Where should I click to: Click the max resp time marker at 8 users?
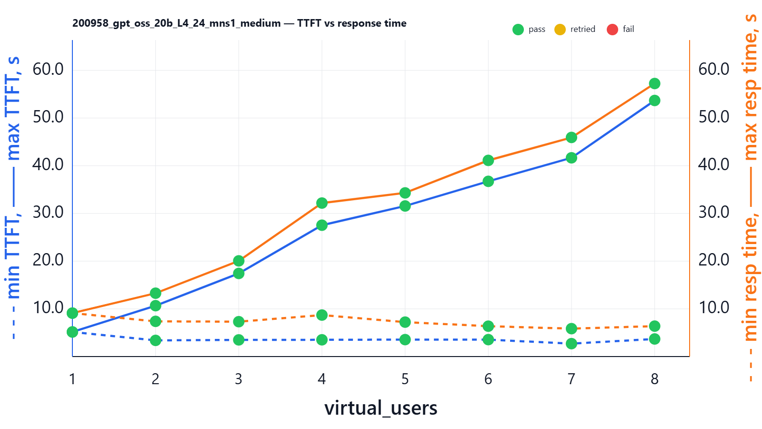(654, 83)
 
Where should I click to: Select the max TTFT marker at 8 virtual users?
(654, 101)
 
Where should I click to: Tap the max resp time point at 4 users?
(322, 203)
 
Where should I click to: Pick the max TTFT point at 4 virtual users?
(322, 225)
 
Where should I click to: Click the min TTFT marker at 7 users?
(571, 343)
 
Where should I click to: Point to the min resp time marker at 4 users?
(322, 315)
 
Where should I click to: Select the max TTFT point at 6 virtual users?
(488, 181)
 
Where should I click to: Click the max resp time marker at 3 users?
(239, 261)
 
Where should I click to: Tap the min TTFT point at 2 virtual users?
(155, 340)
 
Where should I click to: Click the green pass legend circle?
(518, 30)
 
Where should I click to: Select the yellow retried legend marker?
(560, 30)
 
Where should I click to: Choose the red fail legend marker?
(612, 30)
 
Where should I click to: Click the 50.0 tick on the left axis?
(48, 117)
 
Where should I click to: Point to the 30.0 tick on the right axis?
(713, 212)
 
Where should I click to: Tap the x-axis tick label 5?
(405, 379)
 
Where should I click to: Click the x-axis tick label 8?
(654, 379)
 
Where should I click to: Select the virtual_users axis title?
(381, 408)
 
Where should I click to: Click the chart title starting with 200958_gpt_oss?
(239, 23)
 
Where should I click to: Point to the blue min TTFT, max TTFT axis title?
(13, 198)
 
